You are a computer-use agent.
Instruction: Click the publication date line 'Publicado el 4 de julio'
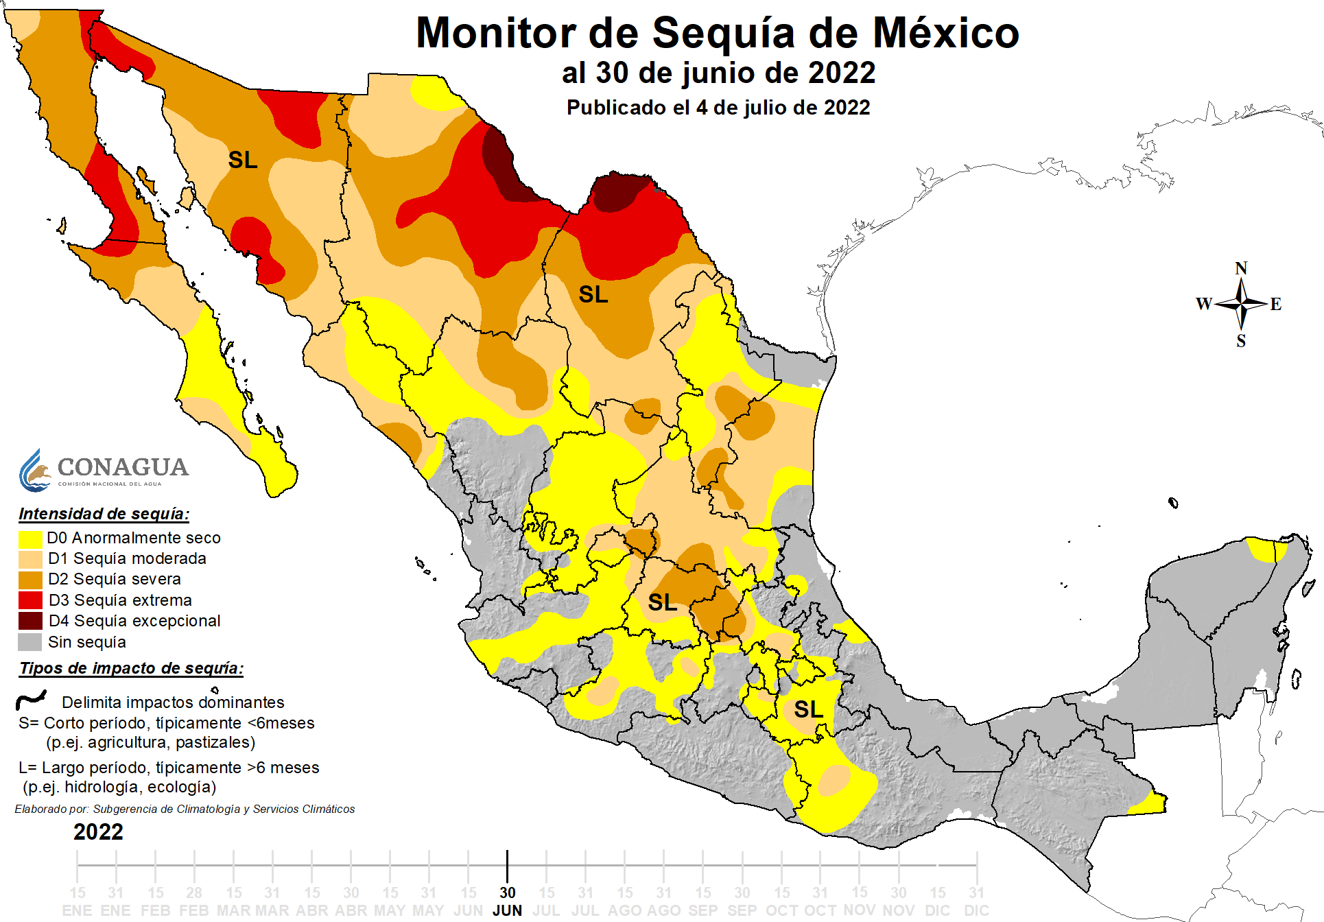point(718,108)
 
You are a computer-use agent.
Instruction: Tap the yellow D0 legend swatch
point(30,539)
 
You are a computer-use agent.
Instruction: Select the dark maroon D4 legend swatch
point(30,622)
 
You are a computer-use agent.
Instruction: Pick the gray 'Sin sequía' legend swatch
point(30,643)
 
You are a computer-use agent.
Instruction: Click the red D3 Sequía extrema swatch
point(30,601)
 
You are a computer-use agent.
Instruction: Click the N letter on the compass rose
point(1241,268)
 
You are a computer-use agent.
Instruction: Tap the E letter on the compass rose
point(1275,304)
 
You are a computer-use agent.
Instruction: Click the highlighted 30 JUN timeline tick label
point(507,901)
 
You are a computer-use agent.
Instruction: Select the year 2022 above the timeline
point(98,832)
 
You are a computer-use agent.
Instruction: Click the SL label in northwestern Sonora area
point(243,161)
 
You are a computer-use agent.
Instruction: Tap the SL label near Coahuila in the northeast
point(593,295)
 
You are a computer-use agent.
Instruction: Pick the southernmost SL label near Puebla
point(808,709)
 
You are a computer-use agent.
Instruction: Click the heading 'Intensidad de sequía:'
point(104,514)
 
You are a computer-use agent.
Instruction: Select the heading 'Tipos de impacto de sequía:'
point(131,668)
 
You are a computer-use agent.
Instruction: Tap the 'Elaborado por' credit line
point(185,809)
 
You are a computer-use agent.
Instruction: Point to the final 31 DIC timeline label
point(976,901)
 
